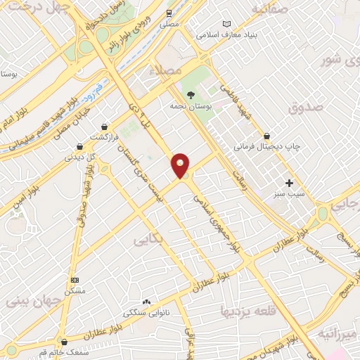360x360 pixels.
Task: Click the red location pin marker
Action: click(x=181, y=165)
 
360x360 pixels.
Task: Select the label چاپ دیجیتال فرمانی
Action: click(x=267, y=147)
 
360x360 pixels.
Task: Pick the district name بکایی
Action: click(x=148, y=240)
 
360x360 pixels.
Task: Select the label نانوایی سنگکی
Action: click(x=145, y=311)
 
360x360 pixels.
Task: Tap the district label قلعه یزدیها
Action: click(x=244, y=310)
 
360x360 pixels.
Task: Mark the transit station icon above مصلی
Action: click(x=169, y=13)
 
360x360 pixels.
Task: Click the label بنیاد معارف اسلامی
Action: click(x=228, y=34)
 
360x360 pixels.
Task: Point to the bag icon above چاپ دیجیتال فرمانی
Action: click(x=266, y=136)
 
